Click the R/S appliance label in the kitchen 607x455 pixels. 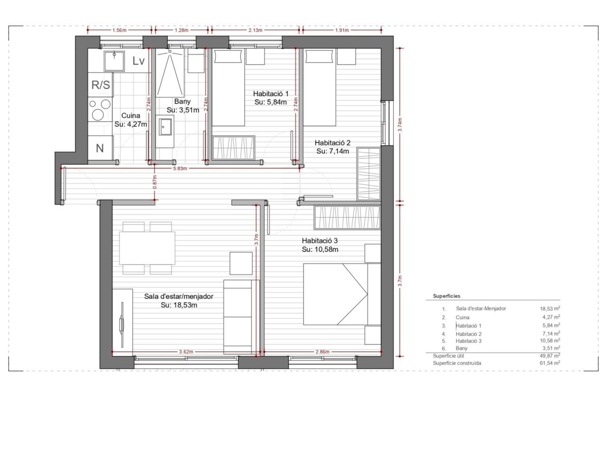[101, 85]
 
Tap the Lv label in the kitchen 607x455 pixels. [138, 61]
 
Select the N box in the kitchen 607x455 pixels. [101, 148]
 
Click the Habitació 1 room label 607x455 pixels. [271, 94]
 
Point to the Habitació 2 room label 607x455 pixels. [332, 143]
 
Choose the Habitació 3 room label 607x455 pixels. [320, 241]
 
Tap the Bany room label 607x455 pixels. [182, 101]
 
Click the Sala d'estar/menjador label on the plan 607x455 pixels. [179, 296]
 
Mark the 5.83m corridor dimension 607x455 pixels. [180, 169]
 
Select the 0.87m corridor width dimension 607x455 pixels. [155, 182]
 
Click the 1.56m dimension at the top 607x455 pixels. [120, 30]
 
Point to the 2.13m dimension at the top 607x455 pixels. [255, 30]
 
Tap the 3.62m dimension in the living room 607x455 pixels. [186, 352]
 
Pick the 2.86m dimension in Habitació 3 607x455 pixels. [322, 352]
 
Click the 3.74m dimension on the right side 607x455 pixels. [400, 125]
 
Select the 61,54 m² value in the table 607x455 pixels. [550, 363]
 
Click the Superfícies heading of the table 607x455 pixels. [447, 296]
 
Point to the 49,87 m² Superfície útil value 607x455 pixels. [550, 355]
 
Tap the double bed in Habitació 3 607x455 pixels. [342, 294]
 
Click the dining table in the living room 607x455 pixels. [147, 248]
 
